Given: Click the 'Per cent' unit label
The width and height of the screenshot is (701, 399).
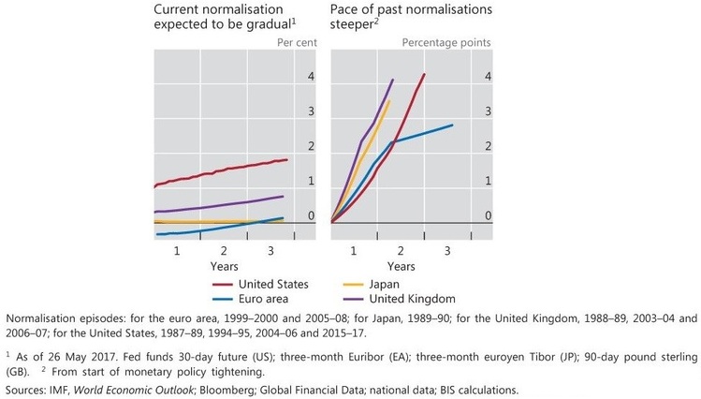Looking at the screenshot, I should (x=299, y=43).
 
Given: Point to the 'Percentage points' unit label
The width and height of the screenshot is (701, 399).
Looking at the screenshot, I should (x=445, y=43).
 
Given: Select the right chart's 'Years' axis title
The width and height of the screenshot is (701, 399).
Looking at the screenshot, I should (x=401, y=266).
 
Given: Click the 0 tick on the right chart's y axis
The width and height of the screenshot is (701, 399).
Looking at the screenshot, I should (x=487, y=216).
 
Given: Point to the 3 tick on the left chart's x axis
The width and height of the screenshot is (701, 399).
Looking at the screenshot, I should (x=271, y=251).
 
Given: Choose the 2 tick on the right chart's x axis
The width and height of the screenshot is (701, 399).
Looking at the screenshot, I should (x=402, y=251).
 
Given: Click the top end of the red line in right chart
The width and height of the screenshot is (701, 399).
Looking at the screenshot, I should (x=425, y=74).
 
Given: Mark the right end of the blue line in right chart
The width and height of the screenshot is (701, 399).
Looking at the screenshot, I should (x=453, y=125).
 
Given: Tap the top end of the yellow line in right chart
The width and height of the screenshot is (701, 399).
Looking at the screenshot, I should (x=389, y=101).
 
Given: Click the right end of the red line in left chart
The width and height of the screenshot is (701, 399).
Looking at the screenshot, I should (x=286, y=159).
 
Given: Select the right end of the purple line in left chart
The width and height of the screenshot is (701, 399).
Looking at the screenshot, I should (x=284, y=196).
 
